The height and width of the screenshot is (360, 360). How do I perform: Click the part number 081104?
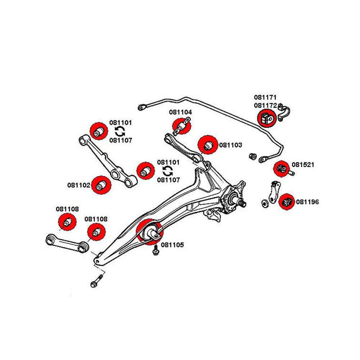pyautogui.click(x=180, y=112)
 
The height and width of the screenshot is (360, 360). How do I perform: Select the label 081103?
pyautogui.click(x=231, y=145)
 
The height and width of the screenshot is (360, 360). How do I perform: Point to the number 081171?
pyautogui.click(x=265, y=98)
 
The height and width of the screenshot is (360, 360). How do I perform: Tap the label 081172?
pyautogui.click(x=265, y=105)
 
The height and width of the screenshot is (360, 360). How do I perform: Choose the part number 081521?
pyautogui.click(x=303, y=165)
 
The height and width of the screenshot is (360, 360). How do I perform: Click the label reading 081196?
pyautogui.click(x=307, y=202)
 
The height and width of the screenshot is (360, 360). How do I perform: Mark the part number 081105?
pyautogui.click(x=172, y=245)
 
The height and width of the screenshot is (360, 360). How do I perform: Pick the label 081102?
pyautogui.click(x=78, y=185)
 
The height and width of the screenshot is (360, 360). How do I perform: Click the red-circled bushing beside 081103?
pyautogui.click(x=208, y=145)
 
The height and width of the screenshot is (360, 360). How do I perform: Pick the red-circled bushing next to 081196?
pyautogui.click(x=287, y=202)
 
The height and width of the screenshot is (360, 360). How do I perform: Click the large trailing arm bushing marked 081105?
pyautogui.click(x=150, y=231)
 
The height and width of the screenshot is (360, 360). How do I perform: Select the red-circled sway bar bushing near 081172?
pyautogui.click(x=267, y=118)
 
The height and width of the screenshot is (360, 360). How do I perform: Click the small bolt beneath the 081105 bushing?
pyautogui.click(x=156, y=251)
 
